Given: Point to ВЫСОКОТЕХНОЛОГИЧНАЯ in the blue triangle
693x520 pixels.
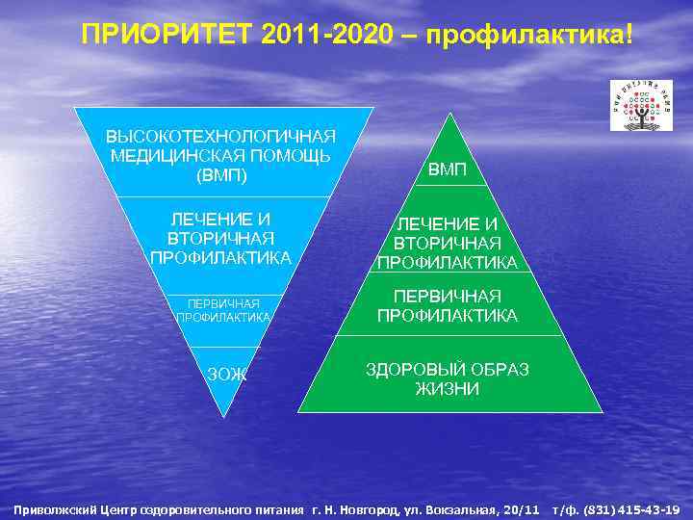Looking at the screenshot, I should [220, 135].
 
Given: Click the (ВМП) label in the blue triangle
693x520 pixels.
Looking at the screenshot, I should [220, 175].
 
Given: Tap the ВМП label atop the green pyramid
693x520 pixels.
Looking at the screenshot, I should [447, 170].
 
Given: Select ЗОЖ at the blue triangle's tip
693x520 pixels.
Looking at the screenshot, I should [227, 375].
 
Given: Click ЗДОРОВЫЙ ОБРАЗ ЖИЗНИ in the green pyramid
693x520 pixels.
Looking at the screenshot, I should [447, 379].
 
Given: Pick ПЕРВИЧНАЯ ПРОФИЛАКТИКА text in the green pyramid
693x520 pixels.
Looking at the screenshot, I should [447, 305].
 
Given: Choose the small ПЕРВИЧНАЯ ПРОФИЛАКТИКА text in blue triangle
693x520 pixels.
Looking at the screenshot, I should [223, 310].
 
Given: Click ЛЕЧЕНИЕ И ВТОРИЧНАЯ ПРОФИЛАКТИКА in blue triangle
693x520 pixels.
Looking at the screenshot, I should [220, 238].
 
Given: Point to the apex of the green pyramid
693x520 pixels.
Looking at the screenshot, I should [448, 116].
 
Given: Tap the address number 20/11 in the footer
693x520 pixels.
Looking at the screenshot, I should [520, 508].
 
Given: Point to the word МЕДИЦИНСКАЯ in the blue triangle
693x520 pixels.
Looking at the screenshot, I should [220, 155].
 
